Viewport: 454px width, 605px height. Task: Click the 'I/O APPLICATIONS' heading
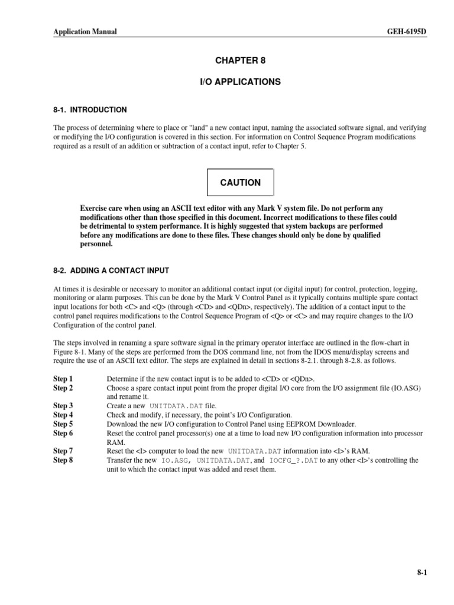pos(239,82)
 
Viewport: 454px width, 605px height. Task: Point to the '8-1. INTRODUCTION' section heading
pos(90,110)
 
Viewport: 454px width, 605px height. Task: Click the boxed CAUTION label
pos(240,183)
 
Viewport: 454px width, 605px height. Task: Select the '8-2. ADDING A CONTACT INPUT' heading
pos(111,271)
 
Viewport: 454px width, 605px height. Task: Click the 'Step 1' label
pos(63,378)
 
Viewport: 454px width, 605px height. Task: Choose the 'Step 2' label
pos(63,388)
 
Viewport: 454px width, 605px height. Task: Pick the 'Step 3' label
pos(63,406)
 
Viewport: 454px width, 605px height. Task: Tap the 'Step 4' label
pos(63,415)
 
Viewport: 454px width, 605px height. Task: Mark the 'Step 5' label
pos(63,424)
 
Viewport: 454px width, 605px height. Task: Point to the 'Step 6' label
pos(63,433)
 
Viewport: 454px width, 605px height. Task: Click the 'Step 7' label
pos(63,451)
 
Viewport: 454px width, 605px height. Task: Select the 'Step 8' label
pos(63,460)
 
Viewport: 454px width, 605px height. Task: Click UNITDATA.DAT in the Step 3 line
pos(177,406)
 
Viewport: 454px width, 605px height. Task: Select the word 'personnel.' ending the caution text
pos(97,243)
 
